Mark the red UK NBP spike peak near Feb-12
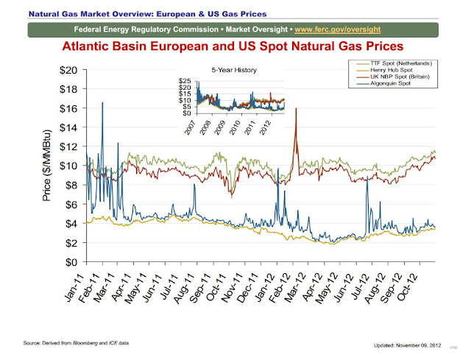point(296,108)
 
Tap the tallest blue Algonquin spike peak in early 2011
point(102,102)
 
